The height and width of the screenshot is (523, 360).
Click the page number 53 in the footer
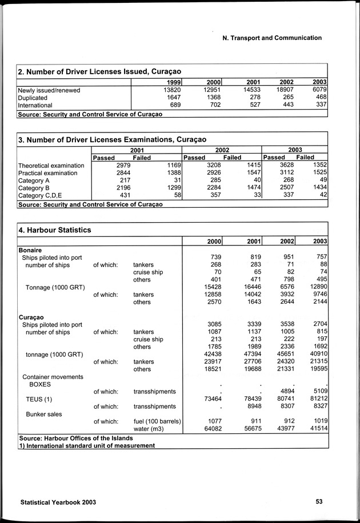319,502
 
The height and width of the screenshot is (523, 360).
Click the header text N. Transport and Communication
271,38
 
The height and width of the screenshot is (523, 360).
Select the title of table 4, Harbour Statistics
54,230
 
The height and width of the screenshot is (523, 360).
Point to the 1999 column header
173,82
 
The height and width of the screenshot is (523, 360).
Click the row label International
35,105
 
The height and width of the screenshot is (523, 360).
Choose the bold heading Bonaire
30,250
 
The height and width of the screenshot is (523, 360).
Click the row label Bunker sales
45,413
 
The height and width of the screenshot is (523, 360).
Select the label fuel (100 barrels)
157,421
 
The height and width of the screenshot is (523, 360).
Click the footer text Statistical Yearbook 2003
58,502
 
